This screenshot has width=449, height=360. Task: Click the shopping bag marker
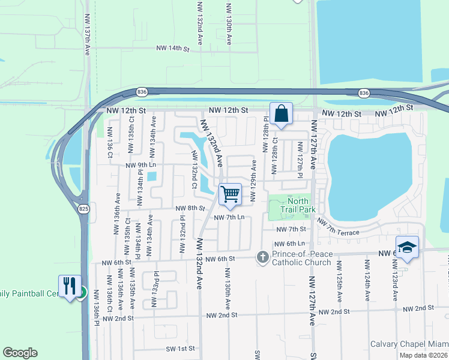pos(281,113)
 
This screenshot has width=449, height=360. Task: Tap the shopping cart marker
pos(230,194)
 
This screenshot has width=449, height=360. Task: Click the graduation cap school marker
pos(407,247)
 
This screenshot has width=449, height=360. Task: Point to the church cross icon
pos(262,257)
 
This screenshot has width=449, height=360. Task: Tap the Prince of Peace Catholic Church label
pos(301,258)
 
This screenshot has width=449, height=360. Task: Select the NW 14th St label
pos(172,48)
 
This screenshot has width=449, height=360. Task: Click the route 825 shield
pos(83,208)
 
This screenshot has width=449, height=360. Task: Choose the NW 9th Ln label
pos(140,165)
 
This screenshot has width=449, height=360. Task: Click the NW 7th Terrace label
pos(343,228)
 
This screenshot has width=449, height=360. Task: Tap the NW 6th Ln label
pos(289,244)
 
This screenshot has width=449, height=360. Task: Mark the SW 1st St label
pos(181,349)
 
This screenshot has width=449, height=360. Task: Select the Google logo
pos(20,353)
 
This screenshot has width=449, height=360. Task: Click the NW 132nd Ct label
pos(194,169)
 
